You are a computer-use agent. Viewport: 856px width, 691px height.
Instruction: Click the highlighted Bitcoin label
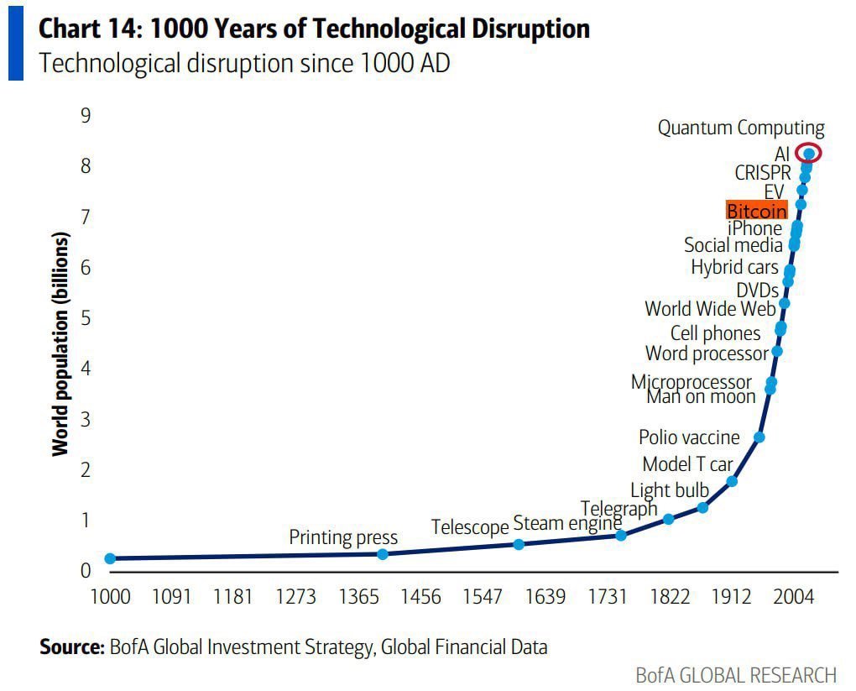click(756, 210)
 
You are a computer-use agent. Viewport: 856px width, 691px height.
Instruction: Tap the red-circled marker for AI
click(808, 153)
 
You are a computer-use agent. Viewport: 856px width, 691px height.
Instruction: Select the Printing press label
click(343, 537)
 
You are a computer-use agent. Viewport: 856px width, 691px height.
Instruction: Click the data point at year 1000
click(110, 558)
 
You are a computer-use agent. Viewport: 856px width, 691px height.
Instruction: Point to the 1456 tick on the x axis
click(420, 597)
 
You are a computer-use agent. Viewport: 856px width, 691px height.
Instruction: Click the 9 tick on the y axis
click(86, 116)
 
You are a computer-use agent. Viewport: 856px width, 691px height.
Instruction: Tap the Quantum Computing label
click(740, 128)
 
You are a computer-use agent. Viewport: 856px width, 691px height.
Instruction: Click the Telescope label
click(470, 527)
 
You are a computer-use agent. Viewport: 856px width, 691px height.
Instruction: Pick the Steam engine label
click(567, 523)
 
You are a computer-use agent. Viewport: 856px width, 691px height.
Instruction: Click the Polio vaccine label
click(689, 437)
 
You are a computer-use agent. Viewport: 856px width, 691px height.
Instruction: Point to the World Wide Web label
click(710, 309)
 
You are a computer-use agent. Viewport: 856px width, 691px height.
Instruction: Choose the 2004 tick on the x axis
click(793, 597)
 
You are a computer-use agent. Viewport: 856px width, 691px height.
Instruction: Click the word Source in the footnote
click(70, 647)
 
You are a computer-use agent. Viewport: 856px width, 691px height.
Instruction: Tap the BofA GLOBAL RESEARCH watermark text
click(736, 675)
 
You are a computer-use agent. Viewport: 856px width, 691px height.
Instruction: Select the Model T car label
click(687, 464)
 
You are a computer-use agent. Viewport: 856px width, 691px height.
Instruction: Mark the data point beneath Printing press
click(383, 554)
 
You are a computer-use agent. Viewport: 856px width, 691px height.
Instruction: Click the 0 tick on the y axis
click(86, 571)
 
